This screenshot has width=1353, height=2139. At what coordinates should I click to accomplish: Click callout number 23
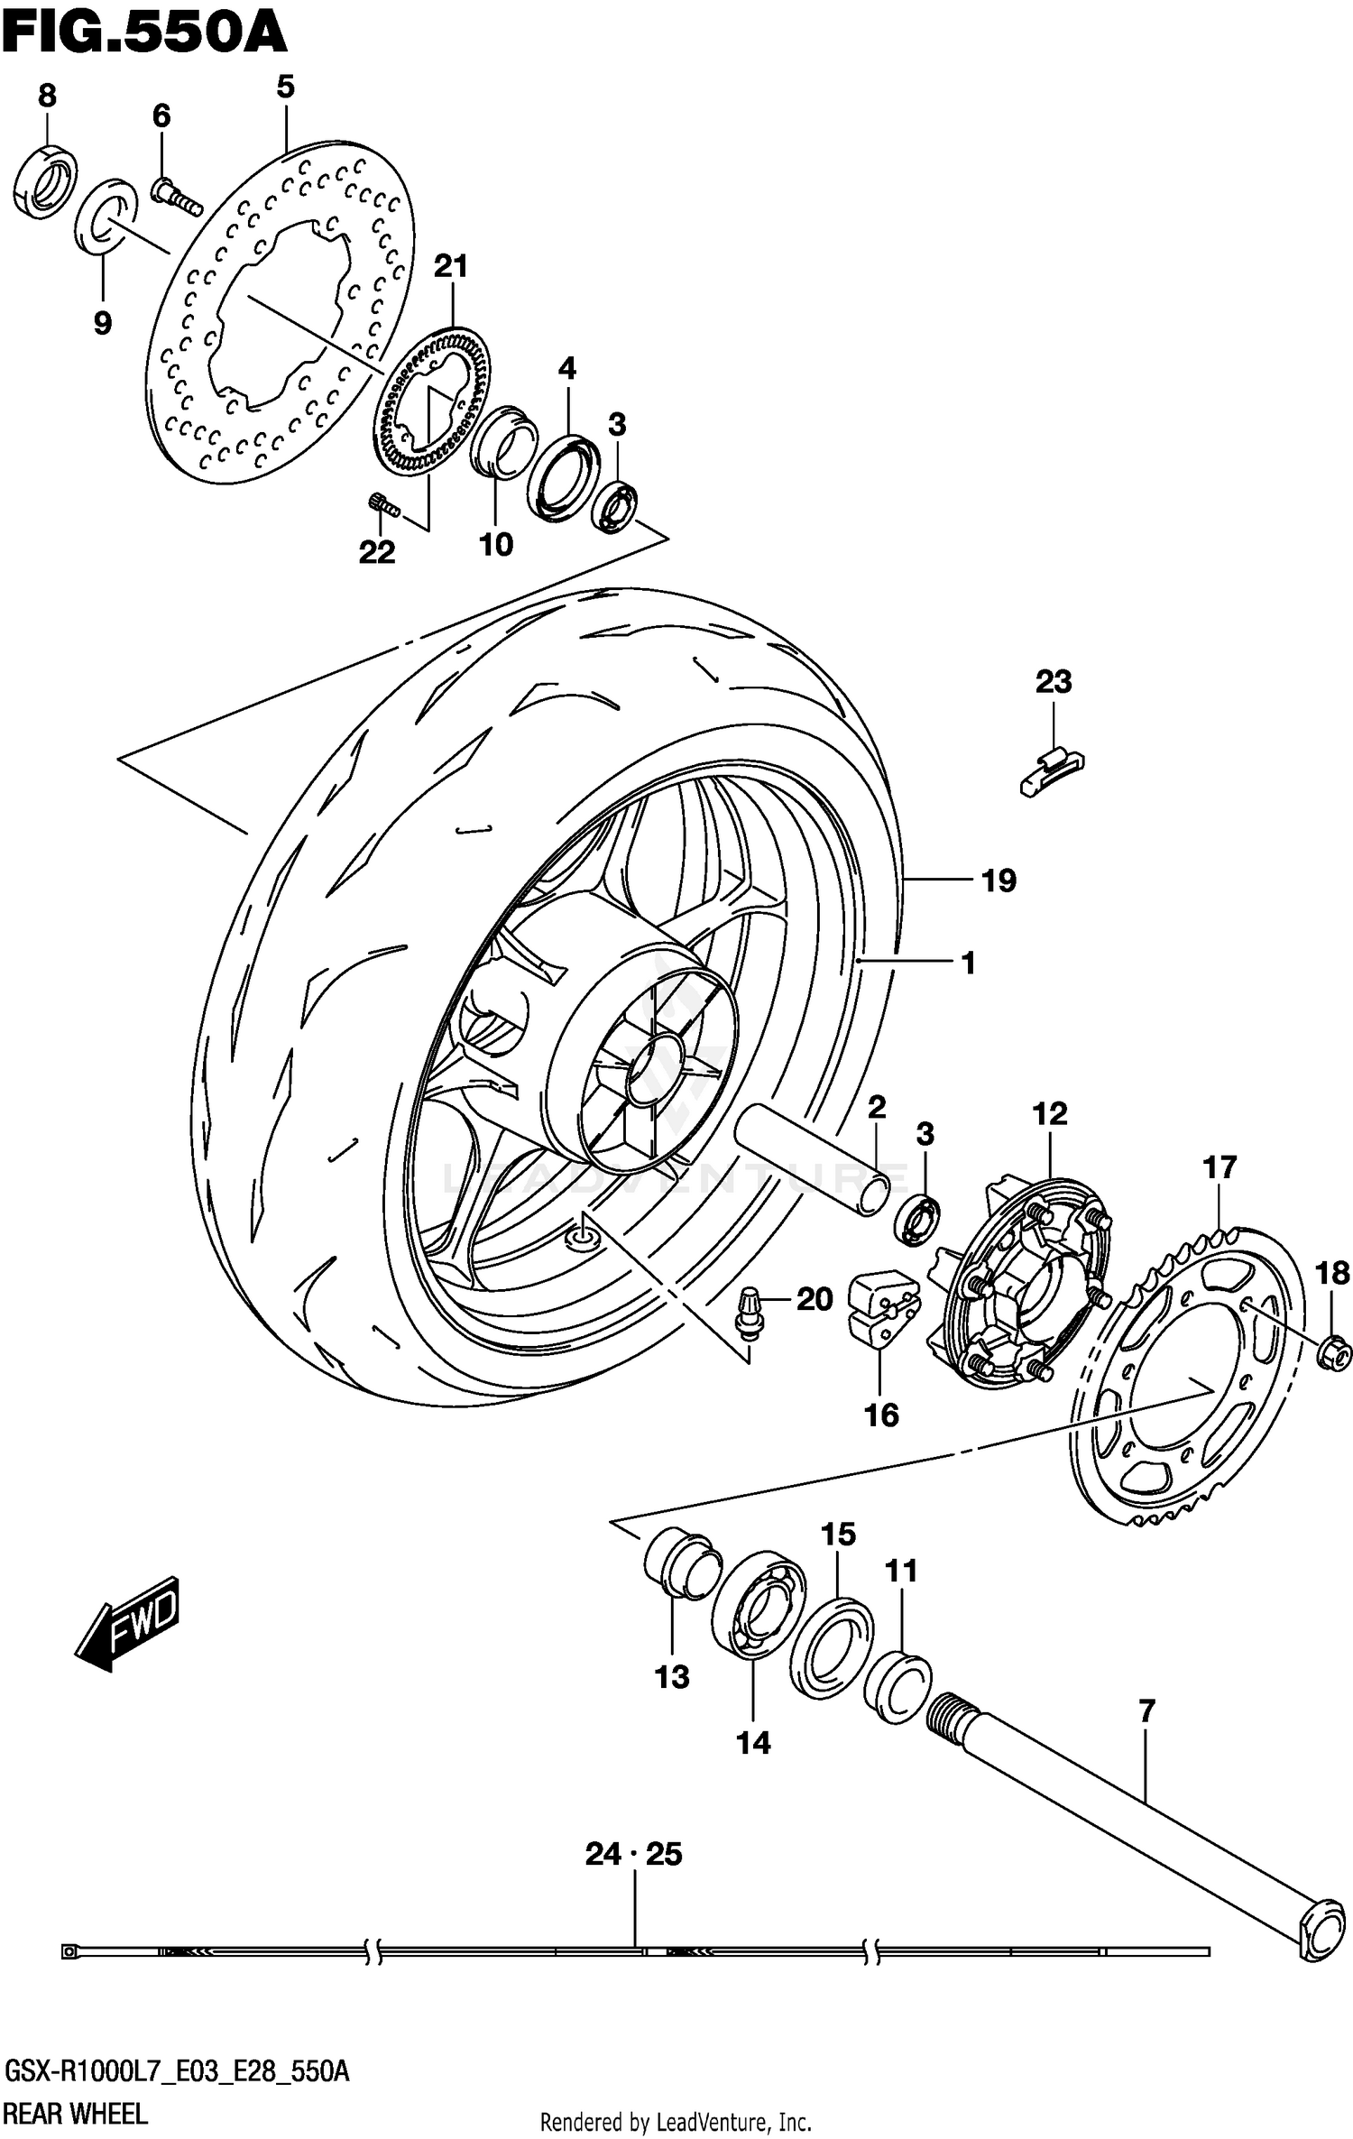1053,682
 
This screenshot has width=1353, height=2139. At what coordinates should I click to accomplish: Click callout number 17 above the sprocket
1219,1167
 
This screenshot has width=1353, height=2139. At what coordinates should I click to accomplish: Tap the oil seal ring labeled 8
46,180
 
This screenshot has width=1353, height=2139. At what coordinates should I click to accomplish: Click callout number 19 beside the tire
999,880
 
